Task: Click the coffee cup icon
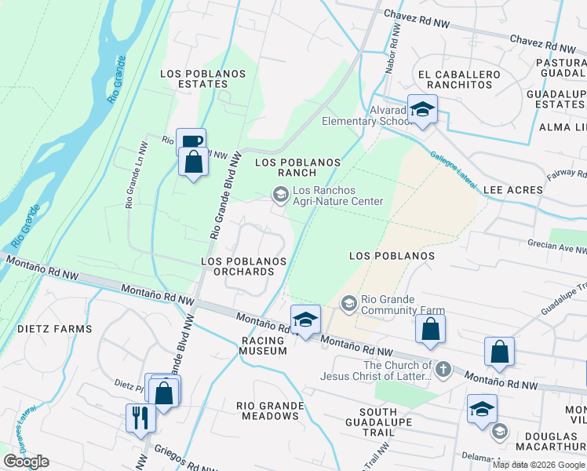click(191, 142)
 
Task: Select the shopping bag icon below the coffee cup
click(193, 162)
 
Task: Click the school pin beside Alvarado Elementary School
click(421, 110)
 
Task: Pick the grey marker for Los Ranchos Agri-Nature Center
click(280, 193)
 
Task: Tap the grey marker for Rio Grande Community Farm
click(348, 302)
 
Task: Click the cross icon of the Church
click(443, 370)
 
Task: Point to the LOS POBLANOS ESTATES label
click(203, 78)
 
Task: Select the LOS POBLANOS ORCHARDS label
click(238, 266)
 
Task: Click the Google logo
click(26, 462)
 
